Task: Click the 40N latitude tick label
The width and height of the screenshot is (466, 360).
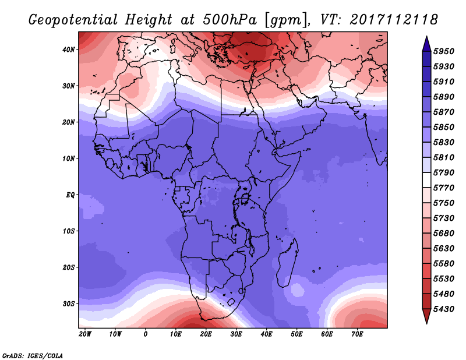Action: point(69,50)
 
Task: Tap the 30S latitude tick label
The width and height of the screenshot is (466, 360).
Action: point(69,304)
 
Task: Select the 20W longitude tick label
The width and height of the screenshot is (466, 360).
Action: point(85,334)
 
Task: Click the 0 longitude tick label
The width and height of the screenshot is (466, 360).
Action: point(145,334)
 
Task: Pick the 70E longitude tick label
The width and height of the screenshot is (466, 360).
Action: point(357,334)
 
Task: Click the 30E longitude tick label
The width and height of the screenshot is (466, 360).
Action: point(236,334)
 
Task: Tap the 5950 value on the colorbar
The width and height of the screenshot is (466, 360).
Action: point(444,51)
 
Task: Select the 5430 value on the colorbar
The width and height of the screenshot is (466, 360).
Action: point(444,309)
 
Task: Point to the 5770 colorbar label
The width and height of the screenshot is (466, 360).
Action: point(444,188)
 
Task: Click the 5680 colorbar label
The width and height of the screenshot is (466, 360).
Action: point(444,234)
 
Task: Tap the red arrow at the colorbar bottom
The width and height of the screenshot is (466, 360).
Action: point(427,316)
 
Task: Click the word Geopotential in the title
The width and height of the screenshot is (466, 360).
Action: point(73,20)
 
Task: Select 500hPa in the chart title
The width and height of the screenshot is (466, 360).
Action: point(230,20)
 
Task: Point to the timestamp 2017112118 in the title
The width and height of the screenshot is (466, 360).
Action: point(394,20)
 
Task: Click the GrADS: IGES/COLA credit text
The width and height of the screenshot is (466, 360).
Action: point(33,356)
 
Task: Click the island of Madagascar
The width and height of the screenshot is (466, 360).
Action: point(287,264)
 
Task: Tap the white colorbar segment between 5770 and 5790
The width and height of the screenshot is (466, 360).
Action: point(427,180)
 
